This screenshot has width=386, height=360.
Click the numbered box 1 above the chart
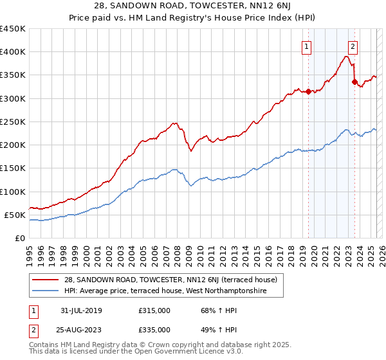click(306, 46)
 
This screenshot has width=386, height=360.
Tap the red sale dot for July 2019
click(308, 91)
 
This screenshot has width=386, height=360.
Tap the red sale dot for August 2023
click(354, 82)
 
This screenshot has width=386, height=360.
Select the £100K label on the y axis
click(13, 192)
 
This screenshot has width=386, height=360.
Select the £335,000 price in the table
click(154, 329)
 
